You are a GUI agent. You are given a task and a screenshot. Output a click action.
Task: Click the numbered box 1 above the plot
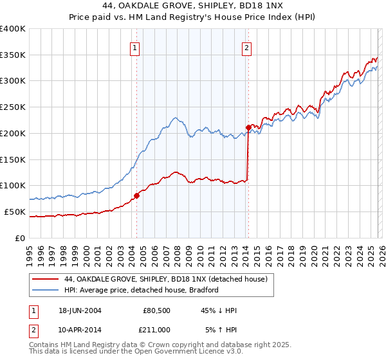pos(135,47)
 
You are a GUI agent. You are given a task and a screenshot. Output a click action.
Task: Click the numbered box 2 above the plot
pos(247,47)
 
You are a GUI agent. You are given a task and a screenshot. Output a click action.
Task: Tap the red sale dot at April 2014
pos(248,127)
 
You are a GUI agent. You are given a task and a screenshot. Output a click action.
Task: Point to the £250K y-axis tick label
pos(13,107)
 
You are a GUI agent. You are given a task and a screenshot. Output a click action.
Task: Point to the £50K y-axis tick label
pos(15,212)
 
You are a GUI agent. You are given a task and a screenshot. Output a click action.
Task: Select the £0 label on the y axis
pos(20,238)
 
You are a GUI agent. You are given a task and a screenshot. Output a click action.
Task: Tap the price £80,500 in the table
pos(156,310)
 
